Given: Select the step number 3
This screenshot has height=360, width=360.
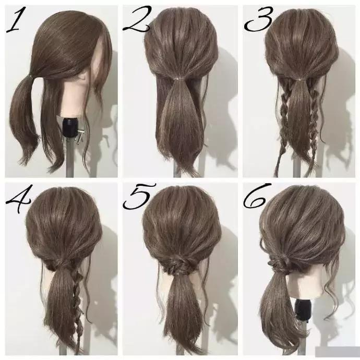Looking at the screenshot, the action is [259, 19].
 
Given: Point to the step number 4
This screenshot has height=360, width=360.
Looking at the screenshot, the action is [18, 198].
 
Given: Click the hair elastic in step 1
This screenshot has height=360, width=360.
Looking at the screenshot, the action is [31, 75].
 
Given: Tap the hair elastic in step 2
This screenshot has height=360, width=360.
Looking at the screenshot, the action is [177, 79].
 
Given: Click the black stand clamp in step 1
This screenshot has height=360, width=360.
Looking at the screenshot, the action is [70, 127].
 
